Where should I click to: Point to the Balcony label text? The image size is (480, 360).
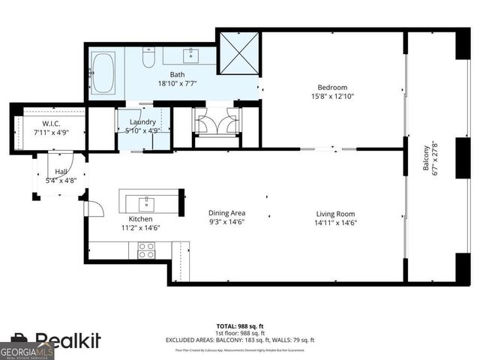pos(426,158)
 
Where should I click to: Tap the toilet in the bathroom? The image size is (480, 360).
pos(148,58)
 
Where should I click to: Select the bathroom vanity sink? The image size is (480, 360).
pos(192,55)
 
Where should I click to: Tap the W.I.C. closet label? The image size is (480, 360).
pos(52,123)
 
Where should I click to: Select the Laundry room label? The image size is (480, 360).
pos(142,121)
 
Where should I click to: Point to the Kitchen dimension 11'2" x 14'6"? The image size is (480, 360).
pos(141,227)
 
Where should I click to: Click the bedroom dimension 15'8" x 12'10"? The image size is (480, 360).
pos(332,96)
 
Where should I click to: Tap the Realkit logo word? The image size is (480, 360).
pos(67,341)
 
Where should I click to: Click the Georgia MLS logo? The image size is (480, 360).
pos(26,351)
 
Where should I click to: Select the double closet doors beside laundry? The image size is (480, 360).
pos(216,122)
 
